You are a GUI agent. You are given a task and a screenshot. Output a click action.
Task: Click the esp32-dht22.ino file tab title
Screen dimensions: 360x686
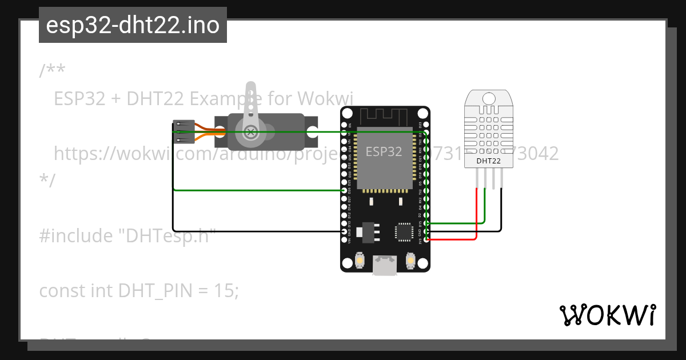[x=133, y=25]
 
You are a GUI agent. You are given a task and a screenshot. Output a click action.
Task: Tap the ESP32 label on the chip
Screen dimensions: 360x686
[x=384, y=151]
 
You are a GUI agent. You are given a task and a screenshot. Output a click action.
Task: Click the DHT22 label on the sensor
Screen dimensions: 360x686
[x=489, y=161]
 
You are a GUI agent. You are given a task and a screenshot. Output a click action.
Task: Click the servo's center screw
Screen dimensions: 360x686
[x=250, y=132]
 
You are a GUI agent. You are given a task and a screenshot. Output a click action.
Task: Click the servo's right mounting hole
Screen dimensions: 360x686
[x=312, y=132]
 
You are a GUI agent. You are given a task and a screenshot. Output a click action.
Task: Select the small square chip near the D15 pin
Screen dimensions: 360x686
[x=403, y=231]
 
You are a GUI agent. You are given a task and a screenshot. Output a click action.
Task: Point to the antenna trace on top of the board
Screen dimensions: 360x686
[x=384, y=116]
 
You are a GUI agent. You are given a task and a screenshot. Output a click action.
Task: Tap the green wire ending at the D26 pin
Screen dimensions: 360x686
[x=257, y=190]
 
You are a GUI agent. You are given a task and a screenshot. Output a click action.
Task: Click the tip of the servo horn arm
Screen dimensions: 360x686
[x=251, y=87]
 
